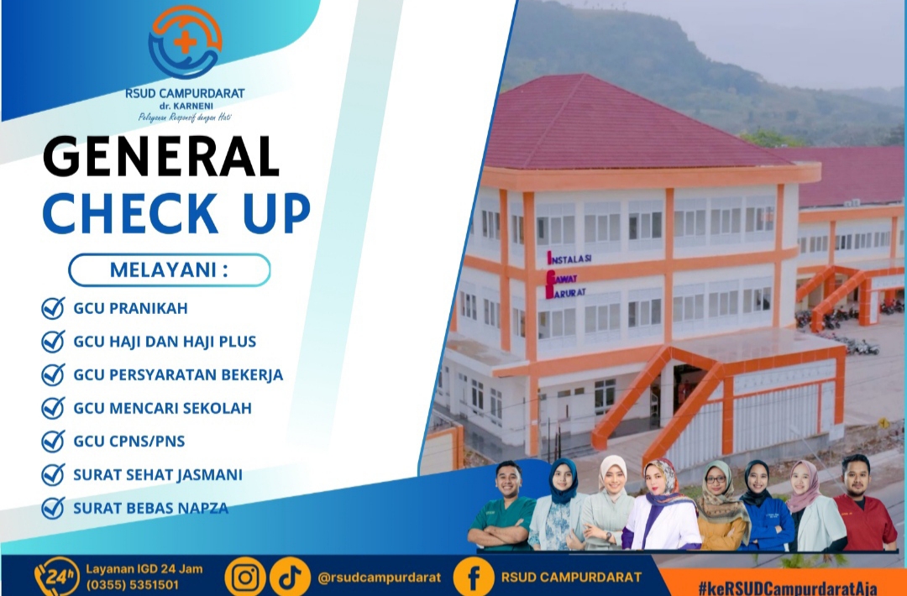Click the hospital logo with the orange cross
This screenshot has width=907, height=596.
point(185,42)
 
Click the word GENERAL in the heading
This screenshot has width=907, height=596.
point(161,156)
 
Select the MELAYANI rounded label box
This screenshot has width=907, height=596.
point(170,270)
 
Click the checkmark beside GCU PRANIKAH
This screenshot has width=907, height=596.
point(53,308)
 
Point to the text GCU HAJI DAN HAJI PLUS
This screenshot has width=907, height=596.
point(165,342)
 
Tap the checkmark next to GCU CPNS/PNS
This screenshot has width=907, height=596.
point(53,442)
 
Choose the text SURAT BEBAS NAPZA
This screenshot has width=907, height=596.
point(150,508)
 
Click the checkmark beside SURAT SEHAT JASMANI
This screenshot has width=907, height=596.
point(53,475)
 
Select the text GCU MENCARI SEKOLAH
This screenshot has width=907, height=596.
point(162,408)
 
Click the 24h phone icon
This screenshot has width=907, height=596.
point(57,576)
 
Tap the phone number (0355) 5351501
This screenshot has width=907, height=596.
point(133,585)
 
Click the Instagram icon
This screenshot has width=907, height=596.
point(245,577)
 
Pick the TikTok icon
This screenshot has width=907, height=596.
point(290,577)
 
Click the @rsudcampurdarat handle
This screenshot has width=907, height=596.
point(379,578)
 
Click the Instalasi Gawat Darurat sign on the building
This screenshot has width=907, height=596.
point(568,274)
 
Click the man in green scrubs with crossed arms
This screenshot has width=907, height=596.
point(502,506)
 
